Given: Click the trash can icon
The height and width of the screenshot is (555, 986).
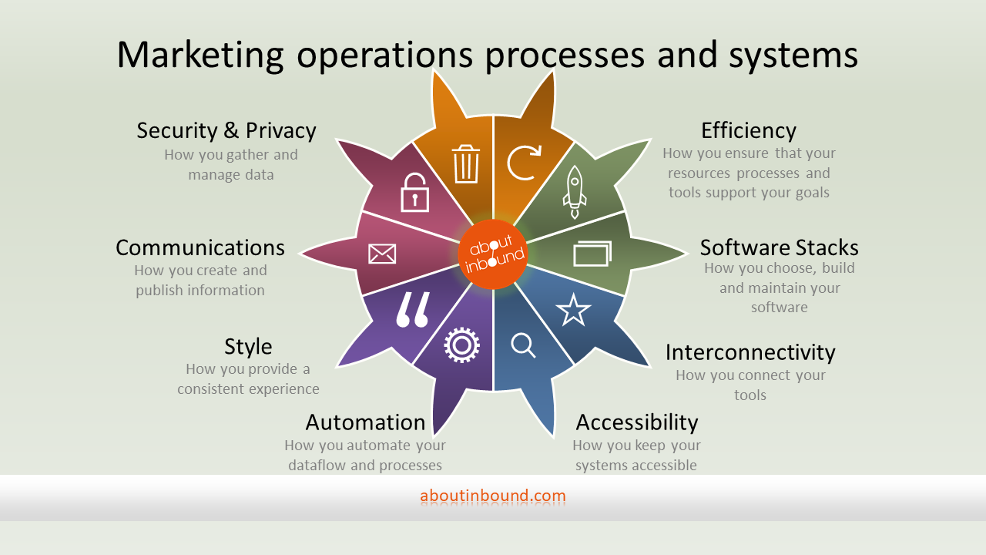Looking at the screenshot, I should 466,163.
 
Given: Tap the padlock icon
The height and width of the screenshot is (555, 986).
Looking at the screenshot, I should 414,193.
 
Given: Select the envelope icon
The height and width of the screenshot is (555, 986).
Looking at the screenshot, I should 382,254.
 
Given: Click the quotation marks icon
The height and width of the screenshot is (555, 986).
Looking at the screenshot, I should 412,310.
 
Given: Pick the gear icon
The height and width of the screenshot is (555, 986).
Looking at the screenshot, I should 461,345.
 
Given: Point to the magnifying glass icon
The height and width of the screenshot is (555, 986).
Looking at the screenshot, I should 524,345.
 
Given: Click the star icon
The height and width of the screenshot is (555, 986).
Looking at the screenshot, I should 573,310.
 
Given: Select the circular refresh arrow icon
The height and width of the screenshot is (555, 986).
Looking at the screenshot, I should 524,163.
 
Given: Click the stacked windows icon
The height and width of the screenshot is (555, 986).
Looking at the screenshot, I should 592,254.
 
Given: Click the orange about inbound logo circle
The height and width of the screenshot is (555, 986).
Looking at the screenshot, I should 493,254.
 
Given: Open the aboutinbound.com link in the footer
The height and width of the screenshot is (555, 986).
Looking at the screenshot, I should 493,496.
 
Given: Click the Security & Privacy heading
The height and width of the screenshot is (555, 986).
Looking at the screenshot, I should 226,130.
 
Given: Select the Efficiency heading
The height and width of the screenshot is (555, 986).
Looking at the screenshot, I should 748,130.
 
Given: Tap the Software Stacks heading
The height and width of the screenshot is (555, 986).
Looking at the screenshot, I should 779,247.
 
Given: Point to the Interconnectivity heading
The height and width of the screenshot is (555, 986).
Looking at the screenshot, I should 750,352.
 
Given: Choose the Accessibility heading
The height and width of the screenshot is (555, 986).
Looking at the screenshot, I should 636,422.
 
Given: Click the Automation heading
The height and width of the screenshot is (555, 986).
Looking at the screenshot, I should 365,422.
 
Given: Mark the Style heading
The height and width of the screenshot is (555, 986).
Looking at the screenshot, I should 248,346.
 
